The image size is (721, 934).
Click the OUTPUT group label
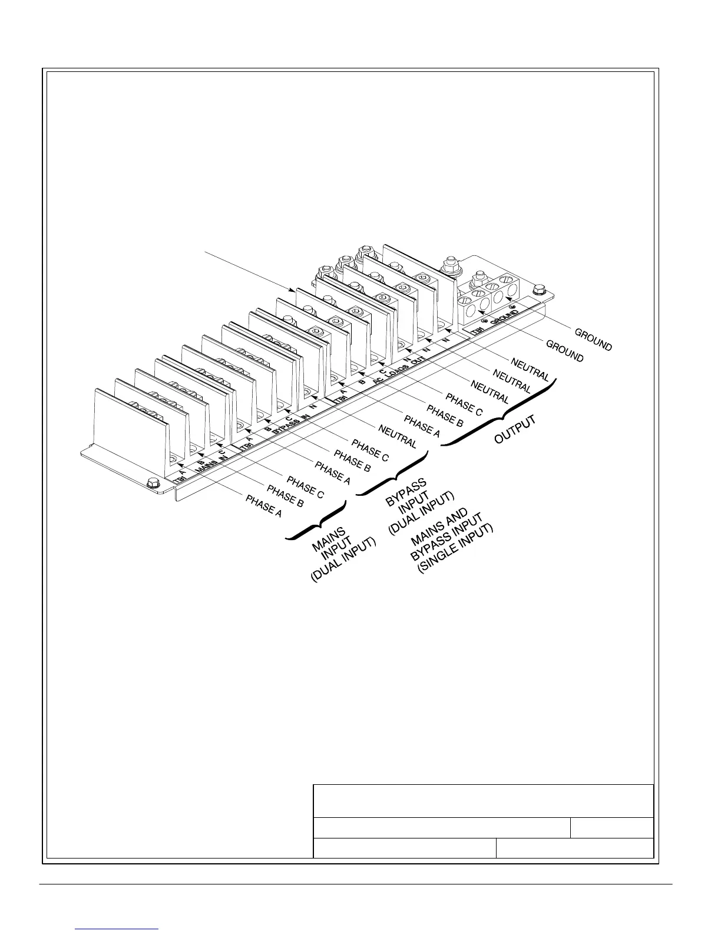[x=515, y=430]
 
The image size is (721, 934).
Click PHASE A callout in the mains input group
[x=263, y=507]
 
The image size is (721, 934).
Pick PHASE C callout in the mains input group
[x=305, y=490]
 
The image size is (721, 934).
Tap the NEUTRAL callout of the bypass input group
[x=398, y=436]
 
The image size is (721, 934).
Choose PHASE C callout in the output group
[x=464, y=403]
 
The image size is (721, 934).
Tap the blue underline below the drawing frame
[x=117, y=930]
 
